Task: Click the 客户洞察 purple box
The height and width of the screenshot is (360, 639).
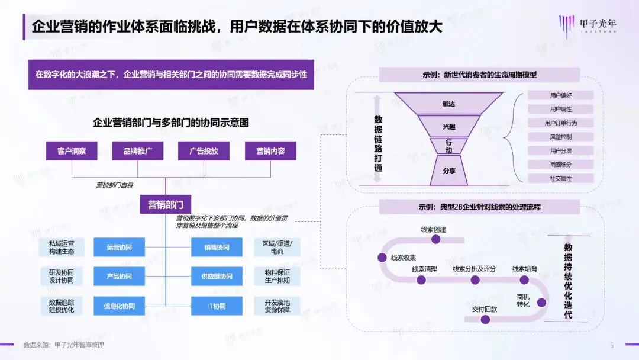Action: [x=72, y=151]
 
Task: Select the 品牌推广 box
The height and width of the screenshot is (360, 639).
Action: [x=138, y=151]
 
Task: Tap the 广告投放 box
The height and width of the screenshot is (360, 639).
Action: [x=204, y=151]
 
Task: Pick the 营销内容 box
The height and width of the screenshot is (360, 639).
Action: [x=270, y=151]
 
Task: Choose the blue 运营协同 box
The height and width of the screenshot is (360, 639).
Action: [x=119, y=247]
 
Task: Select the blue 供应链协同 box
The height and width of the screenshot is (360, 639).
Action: [x=217, y=277]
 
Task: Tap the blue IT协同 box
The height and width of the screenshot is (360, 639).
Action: [x=217, y=306]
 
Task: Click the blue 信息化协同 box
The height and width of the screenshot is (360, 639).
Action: [x=119, y=306]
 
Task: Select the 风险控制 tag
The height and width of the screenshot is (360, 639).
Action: [x=560, y=137]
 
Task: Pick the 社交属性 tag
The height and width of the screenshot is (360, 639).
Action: [x=560, y=178]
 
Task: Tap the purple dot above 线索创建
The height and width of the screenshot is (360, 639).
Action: [x=436, y=239]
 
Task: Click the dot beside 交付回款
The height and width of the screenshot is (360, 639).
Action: [x=486, y=320]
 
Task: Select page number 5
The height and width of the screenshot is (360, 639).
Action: [x=612, y=345]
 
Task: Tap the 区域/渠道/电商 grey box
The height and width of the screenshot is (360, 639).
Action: [x=277, y=247]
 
